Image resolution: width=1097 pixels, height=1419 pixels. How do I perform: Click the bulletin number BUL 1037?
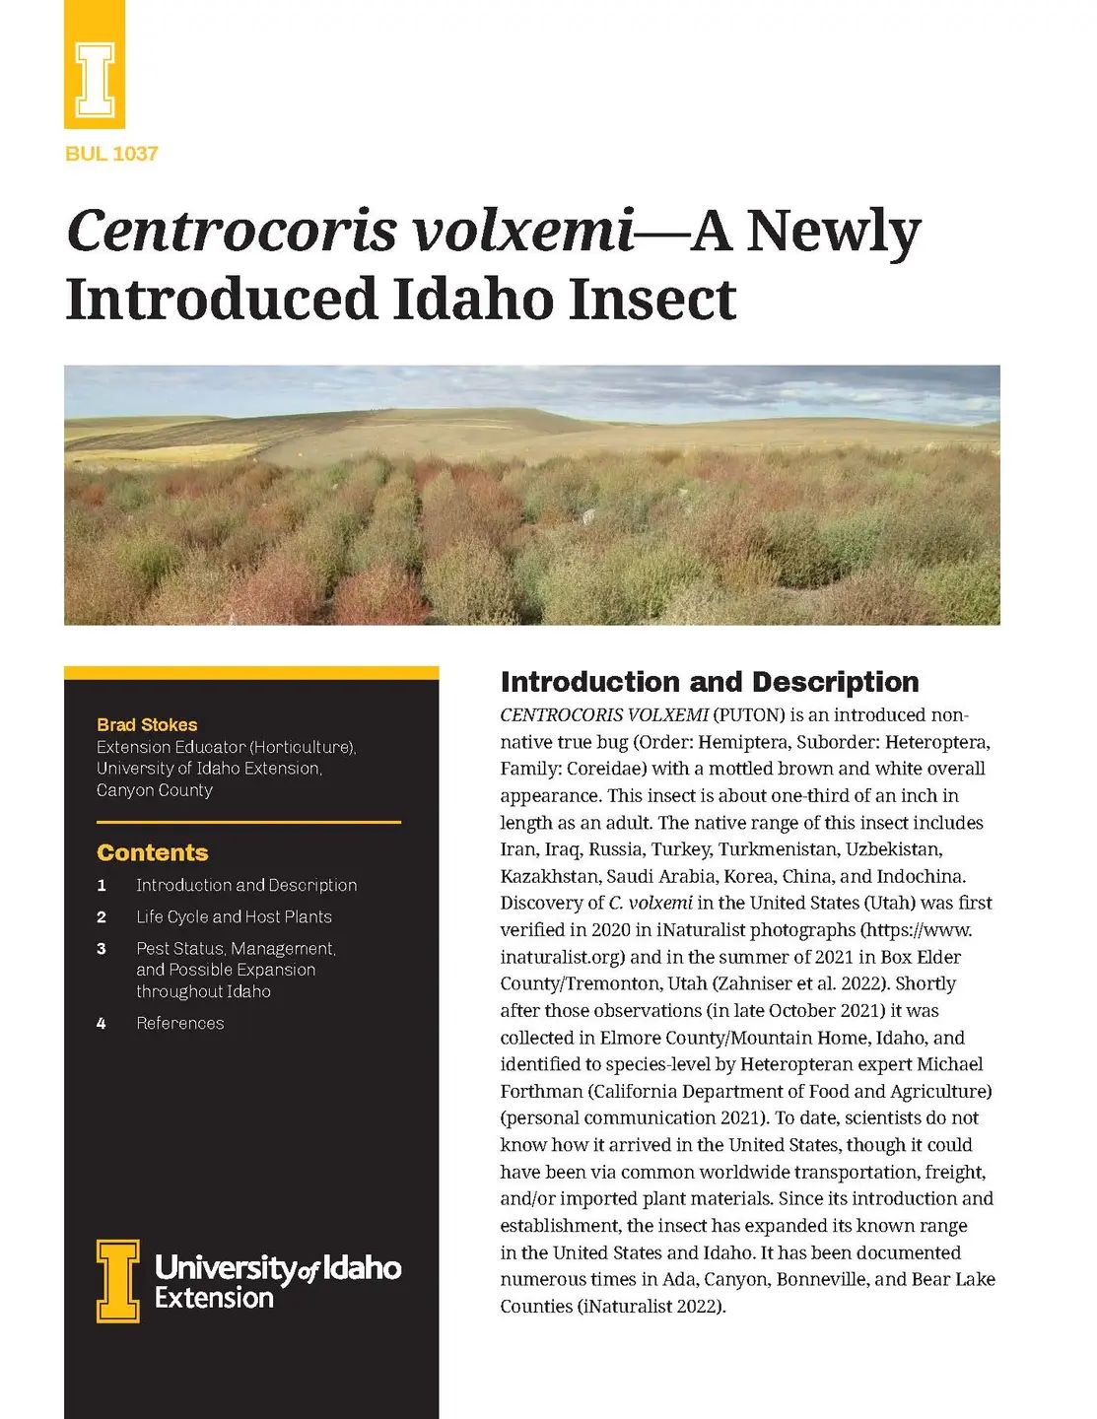111,154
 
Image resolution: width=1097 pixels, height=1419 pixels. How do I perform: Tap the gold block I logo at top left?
95,66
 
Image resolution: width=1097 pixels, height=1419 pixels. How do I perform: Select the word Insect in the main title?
652,299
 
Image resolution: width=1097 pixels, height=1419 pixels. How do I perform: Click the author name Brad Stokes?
147,725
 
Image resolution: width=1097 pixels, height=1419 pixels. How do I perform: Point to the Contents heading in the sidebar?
153,853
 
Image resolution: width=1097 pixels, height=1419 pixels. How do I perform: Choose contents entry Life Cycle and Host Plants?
234,916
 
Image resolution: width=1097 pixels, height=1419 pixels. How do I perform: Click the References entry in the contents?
180,1023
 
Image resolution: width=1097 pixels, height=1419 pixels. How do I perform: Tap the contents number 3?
102,949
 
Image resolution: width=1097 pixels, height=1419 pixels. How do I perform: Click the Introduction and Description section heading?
710,682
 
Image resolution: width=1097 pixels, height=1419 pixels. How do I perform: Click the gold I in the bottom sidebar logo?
117,1280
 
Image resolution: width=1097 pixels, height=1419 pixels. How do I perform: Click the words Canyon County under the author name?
155,790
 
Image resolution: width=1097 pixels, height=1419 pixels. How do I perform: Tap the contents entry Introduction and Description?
246,885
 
